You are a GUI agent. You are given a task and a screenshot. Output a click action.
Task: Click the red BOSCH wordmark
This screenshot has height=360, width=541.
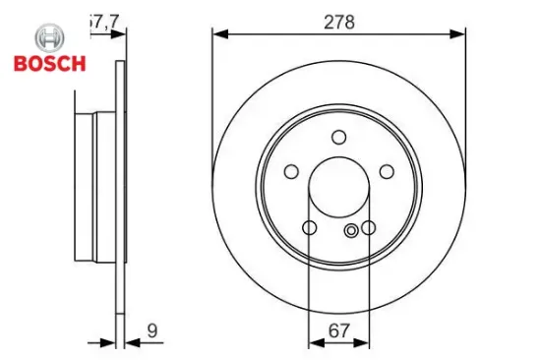click(48, 64)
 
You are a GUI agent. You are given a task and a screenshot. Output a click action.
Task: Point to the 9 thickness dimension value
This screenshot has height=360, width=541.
click(151, 331)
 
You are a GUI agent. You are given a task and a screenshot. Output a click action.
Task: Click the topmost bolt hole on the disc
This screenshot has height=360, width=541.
click(338, 137)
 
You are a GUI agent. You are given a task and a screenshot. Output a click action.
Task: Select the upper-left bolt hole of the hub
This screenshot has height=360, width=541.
click(291, 172)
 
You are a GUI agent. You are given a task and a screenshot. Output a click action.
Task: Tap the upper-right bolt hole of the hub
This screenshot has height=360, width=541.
click(386, 172)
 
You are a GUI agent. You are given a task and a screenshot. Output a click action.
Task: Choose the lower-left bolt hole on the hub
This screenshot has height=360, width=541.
click(309, 228)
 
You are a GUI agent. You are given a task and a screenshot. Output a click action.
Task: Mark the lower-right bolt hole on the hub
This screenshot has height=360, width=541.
click(368, 228)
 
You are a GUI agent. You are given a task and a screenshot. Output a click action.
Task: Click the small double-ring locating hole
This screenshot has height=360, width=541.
click(351, 231)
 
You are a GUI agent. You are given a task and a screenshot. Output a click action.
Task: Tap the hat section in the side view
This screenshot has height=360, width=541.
click(95, 187)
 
